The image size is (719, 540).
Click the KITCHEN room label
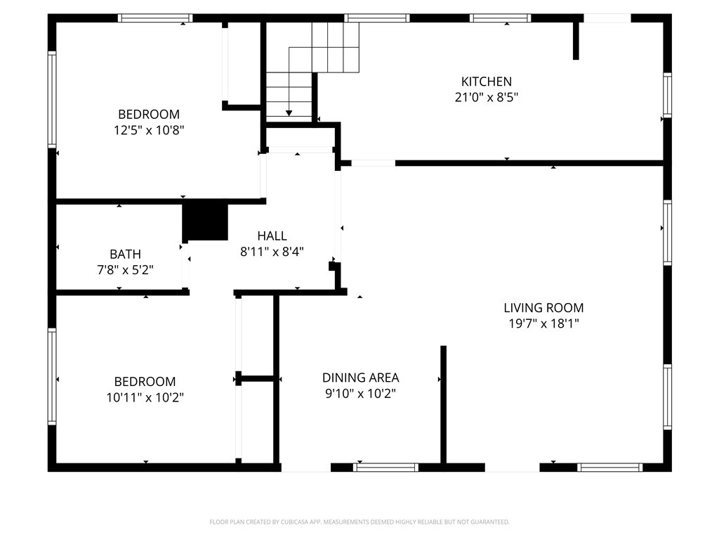[x=486, y=82]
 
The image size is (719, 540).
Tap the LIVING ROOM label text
[x=543, y=307]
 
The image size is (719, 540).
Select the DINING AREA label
[x=360, y=378]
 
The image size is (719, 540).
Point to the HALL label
[x=272, y=236]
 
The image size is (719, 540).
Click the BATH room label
[x=125, y=254]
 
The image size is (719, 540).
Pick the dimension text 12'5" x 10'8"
[x=149, y=130]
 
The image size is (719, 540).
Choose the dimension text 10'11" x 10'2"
[x=145, y=397]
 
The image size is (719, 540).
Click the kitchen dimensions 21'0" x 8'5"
[x=486, y=98]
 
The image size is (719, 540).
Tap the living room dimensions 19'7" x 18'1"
[x=543, y=323]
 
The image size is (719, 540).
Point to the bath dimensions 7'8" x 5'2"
[x=125, y=269]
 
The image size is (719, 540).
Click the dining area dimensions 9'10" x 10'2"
[x=360, y=394]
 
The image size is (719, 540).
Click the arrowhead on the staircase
[x=289, y=112]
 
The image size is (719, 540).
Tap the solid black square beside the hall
[x=205, y=221]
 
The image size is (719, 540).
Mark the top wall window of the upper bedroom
[x=154, y=18]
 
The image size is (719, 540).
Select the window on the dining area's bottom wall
[x=385, y=467]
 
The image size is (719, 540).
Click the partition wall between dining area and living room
[x=443, y=404]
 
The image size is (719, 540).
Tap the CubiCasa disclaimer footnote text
[x=359, y=522]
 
